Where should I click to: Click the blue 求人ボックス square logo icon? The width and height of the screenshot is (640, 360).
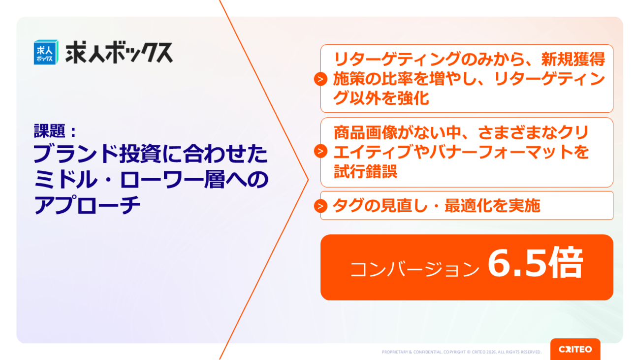point(46,52)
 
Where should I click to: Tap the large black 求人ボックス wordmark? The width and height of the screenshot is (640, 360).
point(119,52)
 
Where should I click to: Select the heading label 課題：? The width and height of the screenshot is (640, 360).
point(56,131)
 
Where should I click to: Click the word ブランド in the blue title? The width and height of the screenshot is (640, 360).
point(75,154)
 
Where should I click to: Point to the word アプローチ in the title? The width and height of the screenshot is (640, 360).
point(87,204)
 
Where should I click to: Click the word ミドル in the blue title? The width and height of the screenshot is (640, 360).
point(65,179)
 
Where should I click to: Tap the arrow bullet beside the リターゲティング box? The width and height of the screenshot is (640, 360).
point(320,79)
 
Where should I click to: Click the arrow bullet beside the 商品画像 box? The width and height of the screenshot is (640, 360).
point(320,151)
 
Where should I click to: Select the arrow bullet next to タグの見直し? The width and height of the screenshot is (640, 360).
point(320,206)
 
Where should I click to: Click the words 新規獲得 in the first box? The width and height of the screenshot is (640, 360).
point(573,59)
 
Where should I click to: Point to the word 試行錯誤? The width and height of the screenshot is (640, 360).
point(365,171)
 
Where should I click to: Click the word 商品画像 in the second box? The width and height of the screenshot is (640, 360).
point(365,132)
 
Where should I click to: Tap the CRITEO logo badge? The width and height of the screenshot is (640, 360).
point(575,349)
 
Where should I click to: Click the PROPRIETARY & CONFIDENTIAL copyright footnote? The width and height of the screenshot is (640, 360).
point(462,352)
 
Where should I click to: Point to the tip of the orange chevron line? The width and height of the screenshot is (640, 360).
point(309,180)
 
